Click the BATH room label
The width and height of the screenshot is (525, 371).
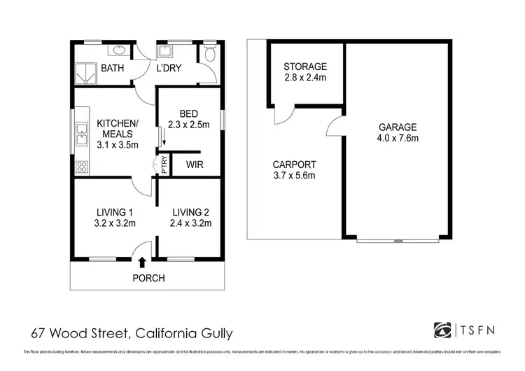(x=113, y=69)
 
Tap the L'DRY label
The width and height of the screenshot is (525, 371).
(x=169, y=69)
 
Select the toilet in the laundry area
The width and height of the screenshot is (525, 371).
(x=210, y=55)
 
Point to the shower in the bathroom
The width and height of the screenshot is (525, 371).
(x=85, y=73)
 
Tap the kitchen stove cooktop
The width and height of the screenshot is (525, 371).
(x=81, y=167)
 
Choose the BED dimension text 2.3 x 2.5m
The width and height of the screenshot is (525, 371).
(x=189, y=126)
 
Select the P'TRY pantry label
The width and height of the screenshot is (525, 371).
(x=164, y=165)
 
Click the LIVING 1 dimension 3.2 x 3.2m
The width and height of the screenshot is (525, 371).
(x=115, y=224)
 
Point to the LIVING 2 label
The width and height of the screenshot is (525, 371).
(x=189, y=212)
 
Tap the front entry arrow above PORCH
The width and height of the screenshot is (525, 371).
(x=143, y=262)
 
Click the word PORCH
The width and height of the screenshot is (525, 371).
(x=148, y=279)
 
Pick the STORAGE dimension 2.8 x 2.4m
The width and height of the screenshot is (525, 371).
(x=304, y=78)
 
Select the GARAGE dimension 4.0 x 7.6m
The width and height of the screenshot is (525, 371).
(x=398, y=138)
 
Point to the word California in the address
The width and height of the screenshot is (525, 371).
(x=164, y=332)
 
